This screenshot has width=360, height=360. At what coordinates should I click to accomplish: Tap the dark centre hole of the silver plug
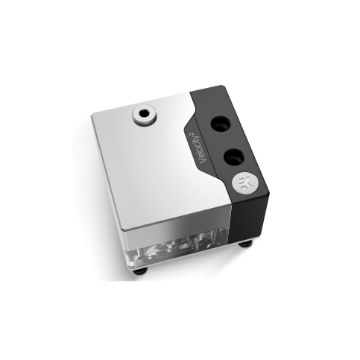tap(144, 113)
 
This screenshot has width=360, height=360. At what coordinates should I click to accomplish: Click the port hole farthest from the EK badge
tap(220, 124)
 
